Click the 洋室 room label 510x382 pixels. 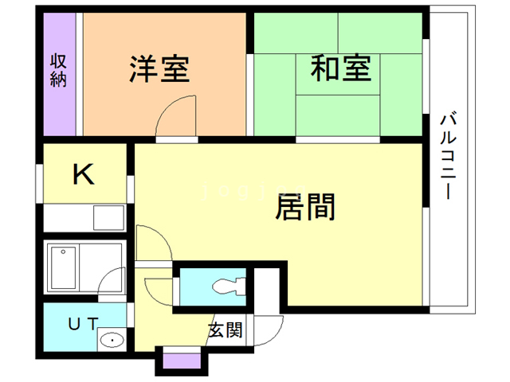pos(159,69)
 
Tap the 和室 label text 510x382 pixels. pos(340,69)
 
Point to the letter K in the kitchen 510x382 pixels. pos(83,174)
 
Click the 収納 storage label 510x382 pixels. pos(59,70)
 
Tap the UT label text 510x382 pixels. pos(81,323)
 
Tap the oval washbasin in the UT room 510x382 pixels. pos(112,341)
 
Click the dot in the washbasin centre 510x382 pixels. pos(112,341)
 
